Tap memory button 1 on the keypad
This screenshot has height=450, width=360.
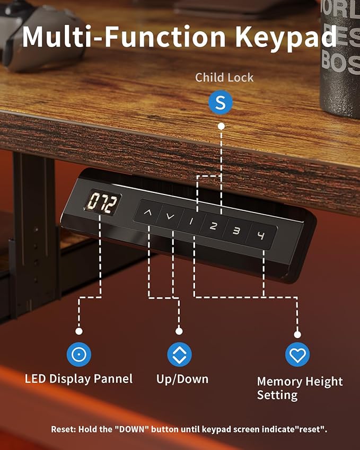click(x=191, y=221)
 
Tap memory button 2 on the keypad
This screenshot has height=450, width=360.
click(x=213, y=226)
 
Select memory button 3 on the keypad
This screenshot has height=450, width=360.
click(x=236, y=231)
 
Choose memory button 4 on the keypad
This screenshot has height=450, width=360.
click(x=260, y=236)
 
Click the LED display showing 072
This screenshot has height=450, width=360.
click(x=102, y=202)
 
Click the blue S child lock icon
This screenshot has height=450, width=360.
click(x=220, y=102)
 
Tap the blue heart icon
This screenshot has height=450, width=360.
click(x=297, y=355)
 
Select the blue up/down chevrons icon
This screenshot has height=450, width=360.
click(x=179, y=354)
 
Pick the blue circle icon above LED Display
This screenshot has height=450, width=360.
click(x=79, y=354)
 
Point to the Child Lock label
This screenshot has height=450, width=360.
click(x=224, y=77)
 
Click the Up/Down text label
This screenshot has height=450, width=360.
click(x=182, y=379)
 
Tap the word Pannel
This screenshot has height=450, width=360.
click(x=113, y=378)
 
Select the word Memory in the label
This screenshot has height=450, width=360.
click(x=279, y=382)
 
